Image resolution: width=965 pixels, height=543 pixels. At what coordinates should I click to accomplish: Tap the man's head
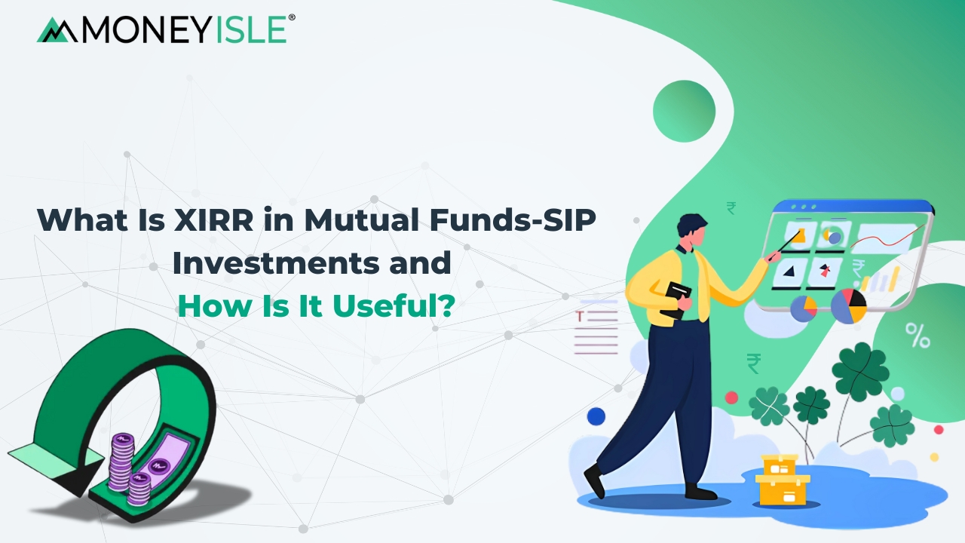tap(691, 229)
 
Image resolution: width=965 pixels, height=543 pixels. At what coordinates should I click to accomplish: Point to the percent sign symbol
tap(918, 336)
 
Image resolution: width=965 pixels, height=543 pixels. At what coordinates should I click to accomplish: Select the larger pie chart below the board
tap(848, 305)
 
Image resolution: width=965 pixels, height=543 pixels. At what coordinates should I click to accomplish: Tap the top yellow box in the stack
tap(780, 464)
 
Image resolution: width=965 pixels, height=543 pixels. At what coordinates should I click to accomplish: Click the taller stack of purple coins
tap(121, 461)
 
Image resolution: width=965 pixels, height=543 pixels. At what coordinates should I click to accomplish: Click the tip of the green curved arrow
tap(30, 456)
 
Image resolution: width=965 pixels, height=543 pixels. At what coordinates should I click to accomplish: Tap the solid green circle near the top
tap(684, 111)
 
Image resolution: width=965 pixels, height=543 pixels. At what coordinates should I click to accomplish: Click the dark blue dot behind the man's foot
tap(596, 416)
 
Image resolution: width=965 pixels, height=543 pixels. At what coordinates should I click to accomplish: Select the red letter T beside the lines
tap(581, 316)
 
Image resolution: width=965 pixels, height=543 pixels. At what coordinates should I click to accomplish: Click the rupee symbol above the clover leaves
tap(753, 364)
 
